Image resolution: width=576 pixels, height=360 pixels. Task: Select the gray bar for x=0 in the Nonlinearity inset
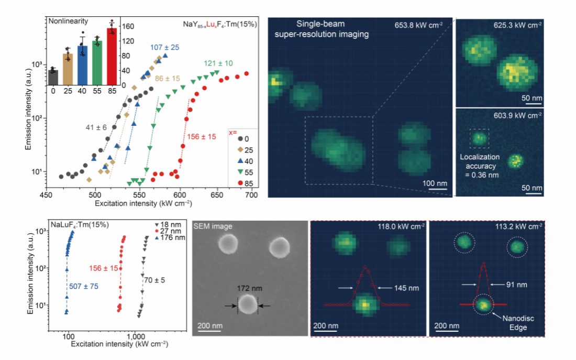pos(53,77)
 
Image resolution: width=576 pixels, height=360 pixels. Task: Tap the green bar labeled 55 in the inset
pos(97,63)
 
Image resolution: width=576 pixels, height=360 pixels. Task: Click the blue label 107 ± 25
pos(164,48)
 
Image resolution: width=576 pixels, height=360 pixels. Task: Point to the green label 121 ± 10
pos(215,64)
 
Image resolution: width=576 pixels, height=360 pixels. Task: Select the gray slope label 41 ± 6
pos(97,126)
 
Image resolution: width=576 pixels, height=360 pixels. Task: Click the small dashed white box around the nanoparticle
pos(480,138)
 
